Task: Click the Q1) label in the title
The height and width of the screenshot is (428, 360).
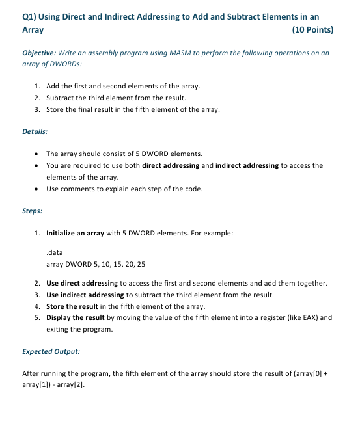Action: pyautogui.click(x=31, y=17)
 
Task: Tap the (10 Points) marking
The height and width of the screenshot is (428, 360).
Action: pyautogui.click(x=311, y=30)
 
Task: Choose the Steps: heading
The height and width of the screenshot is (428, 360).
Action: pyautogui.click(x=33, y=211)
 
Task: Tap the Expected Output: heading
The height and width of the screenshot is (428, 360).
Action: pyautogui.click(x=51, y=351)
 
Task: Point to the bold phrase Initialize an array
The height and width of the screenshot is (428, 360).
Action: pyautogui.click(x=75, y=232)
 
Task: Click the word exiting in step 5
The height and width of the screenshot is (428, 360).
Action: pyautogui.click(x=59, y=329)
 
